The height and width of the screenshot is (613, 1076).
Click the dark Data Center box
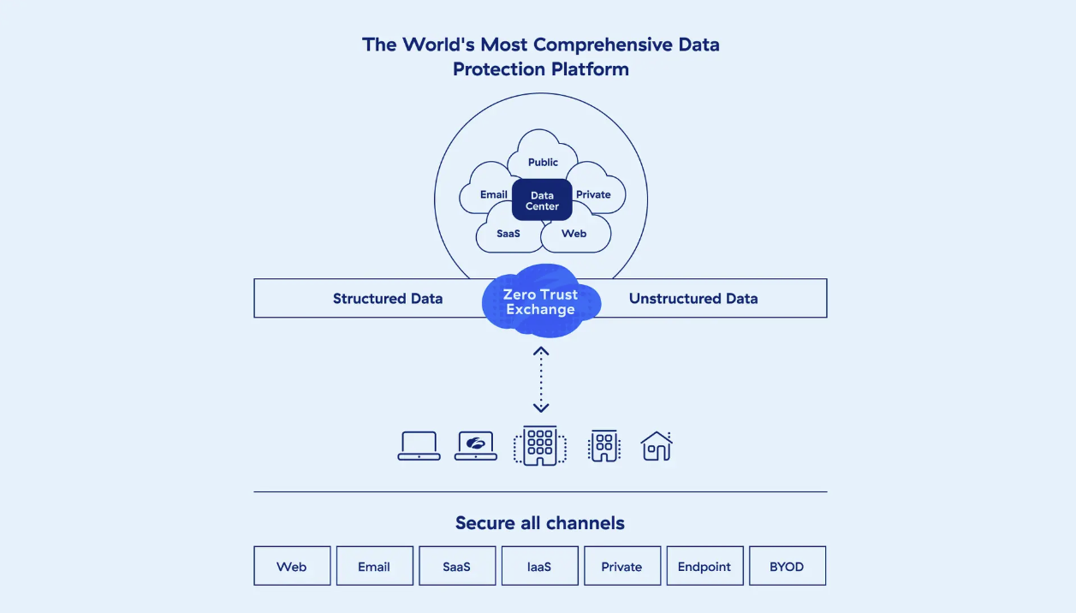(x=542, y=200)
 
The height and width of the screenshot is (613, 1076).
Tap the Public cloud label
(x=543, y=162)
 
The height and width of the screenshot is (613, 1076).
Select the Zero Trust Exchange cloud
(x=541, y=301)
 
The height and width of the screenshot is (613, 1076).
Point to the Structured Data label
(x=388, y=299)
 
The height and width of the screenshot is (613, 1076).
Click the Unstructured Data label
(x=693, y=299)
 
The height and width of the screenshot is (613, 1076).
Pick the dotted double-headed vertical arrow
(x=541, y=379)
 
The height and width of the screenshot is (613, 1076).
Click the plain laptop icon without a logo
(x=419, y=446)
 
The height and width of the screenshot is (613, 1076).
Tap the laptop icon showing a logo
(x=476, y=446)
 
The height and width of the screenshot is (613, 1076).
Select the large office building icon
(x=540, y=445)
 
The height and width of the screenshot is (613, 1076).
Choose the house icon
(x=657, y=446)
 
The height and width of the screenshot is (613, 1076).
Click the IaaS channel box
(x=539, y=566)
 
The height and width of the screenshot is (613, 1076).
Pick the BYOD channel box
(x=787, y=566)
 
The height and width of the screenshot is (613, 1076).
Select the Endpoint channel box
(x=704, y=566)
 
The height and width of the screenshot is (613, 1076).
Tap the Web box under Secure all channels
(x=292, y=566)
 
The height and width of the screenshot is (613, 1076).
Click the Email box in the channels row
(x=374, y=566)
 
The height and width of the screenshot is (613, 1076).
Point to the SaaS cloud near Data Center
(x=508, y=234)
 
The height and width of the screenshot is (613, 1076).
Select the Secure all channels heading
(x=540, y=523)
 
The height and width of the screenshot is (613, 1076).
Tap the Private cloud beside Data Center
(x=593, y=194)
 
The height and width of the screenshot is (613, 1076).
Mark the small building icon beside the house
(x=604, y=446)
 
